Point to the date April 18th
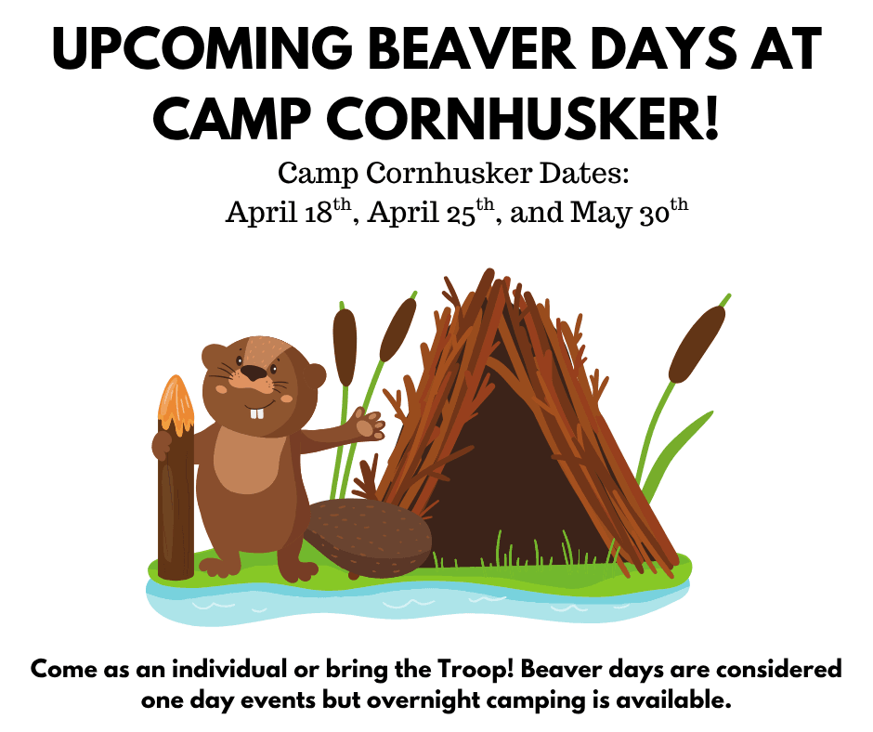pos(289,211)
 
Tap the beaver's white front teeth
pos(256,413)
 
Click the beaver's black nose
pos(254,373)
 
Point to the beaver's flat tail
pos(369,537)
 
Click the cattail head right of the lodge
pos(697,344)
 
